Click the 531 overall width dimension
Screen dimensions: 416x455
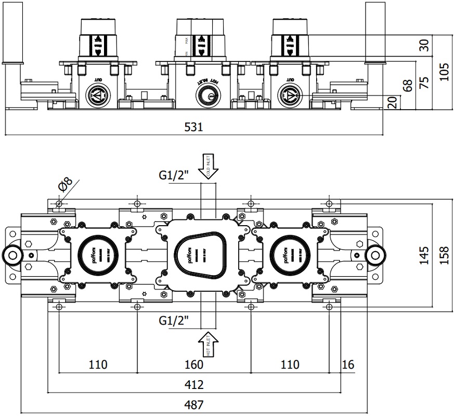pos(193,127)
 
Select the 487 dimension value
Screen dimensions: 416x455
pos(193,404)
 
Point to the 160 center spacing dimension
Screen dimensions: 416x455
pos(193,364)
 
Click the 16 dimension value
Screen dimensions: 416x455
pos(348,364)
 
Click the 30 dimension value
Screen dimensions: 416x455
pos(425,46)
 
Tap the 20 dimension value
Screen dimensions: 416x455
pos(392,102)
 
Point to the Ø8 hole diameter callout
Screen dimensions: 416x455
pos(66,185)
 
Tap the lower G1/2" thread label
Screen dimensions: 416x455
pos(174,321)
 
